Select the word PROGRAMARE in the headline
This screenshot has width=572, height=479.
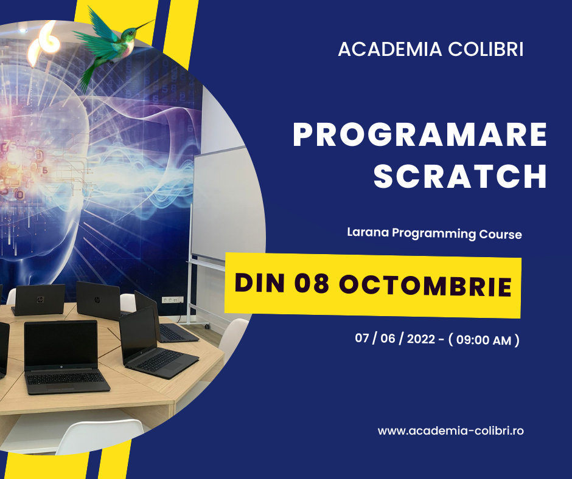(x=420, y=135)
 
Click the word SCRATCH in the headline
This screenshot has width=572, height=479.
(x=460, y=176)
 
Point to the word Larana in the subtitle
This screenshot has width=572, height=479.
(x=366, y=233)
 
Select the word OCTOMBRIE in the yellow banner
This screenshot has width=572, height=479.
(x=424, y=286)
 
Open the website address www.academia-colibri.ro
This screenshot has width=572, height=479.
(x=451, y=430)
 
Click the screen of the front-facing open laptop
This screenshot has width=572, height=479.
(x=61, y=344)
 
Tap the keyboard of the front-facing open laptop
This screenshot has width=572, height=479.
(x=68, y=379)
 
